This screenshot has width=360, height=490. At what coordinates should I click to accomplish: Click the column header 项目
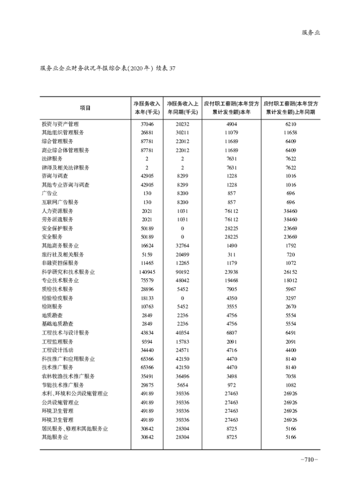click(x=85, y=108)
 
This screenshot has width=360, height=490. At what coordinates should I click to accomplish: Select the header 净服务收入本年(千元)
click(x=147, y=108)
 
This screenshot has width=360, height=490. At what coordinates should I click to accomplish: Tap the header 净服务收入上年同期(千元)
click(x=182, y=108)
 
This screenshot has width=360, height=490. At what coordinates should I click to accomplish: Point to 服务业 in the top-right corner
click(x=310, y=33)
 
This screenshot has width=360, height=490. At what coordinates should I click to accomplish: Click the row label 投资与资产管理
click(x=60, y=124)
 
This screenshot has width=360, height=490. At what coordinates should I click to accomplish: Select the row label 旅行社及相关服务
click(x=63, y=254)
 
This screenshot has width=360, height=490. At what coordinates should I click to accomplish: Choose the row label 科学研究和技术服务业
click(x=68, y=272)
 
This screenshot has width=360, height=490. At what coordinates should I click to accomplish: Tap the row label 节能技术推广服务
click(x=63, y=385)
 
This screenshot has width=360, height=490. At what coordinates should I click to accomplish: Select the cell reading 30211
click(x=182, y=132)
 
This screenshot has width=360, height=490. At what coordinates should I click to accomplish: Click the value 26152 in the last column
click(x=291, y=272)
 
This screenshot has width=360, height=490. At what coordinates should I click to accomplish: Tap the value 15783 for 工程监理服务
click(x=182, y=341)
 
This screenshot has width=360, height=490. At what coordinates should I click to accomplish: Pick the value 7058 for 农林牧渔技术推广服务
click(x=291, y=377)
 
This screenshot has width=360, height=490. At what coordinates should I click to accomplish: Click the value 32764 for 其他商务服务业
click(x=182, y=246)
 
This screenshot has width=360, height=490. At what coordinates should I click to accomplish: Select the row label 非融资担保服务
click(x=60, y=263)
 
